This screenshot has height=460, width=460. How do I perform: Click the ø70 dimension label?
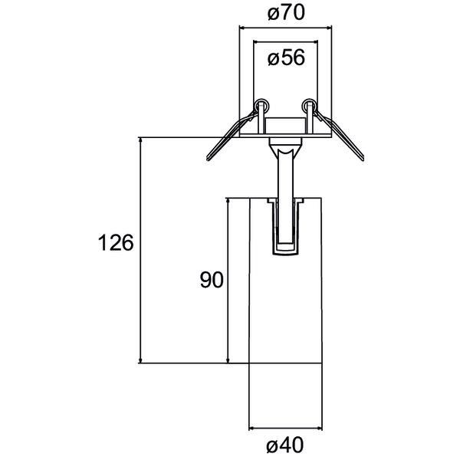click(x=286, y=13)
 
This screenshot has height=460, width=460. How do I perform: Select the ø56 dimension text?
click(x=286, y=58)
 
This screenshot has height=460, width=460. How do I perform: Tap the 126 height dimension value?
click(x=116, y=243)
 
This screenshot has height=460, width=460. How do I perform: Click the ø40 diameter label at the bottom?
click(x=287, y=445)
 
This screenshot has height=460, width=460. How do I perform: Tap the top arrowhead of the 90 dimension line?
click(x=228, y=201)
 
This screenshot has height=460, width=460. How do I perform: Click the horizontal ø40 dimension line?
click(x=286, y=427)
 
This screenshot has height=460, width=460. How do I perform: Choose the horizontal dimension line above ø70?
click(x=286, y=28)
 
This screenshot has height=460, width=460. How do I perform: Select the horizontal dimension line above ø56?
click(x=286, y=41)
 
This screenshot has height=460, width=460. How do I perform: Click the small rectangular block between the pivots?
click(x=286, y=123)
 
